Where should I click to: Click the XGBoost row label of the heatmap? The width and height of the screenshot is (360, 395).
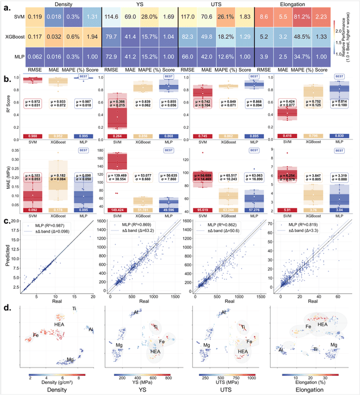click(x=13, y=37)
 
